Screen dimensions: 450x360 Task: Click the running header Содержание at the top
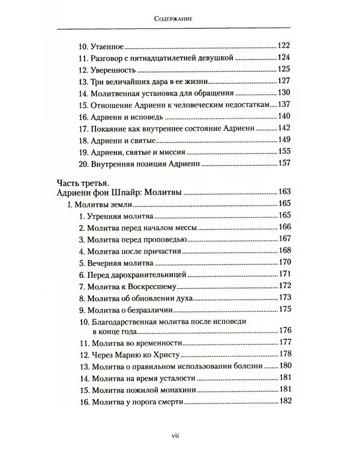click(x=180, y=19)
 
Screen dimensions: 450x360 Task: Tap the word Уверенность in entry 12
click(x=118, y=70)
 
